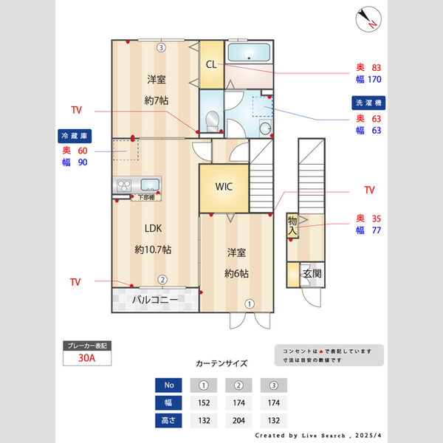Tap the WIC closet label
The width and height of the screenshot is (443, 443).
[224, 187]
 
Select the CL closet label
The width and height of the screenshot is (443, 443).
[211, 65]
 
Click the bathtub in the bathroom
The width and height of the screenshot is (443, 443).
[249, 53]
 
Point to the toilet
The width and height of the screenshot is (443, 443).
[213, 120]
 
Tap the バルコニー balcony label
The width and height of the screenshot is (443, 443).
[155, 301]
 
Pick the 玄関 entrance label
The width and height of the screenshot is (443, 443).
[312, 274]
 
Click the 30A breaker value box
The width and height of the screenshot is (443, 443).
[87, 359]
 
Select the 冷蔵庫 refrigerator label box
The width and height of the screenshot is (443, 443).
[74, 136]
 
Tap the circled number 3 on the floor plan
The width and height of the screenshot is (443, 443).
[161, 48]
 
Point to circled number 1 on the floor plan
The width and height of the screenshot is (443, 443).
[250, 303]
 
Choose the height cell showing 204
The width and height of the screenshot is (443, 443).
[238, 422]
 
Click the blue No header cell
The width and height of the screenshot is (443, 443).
[169, 385]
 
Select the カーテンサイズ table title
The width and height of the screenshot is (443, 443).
[221, 364]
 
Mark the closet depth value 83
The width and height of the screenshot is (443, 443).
[375, 67]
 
